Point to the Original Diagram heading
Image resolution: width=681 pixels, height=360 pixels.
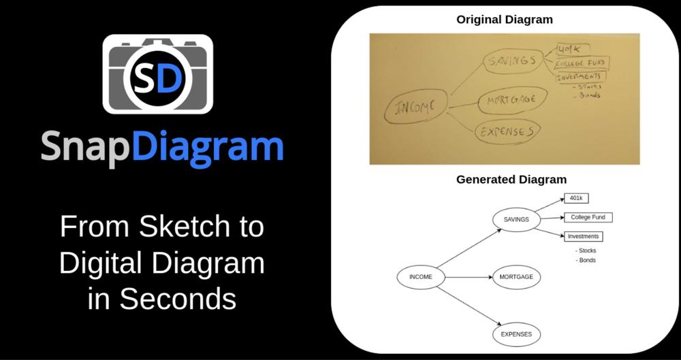coord(504,20)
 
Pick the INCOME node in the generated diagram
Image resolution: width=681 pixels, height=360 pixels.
coord(420,277)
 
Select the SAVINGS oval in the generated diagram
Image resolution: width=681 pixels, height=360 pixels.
coord(516,219)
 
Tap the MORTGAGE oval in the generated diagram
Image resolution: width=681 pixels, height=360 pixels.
coord(516,278)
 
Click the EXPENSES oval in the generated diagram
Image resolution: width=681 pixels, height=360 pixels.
coord(516,335)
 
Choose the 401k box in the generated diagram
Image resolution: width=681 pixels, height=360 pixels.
coord(575,198)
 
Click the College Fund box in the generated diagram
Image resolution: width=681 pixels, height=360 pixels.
coord(587,218)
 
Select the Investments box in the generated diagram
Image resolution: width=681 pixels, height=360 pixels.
coord(583,237)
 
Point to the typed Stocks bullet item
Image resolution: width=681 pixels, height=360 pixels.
coord(586,250)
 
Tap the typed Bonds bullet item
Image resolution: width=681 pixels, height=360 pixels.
coord(586,260)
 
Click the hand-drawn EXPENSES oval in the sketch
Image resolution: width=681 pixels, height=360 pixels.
coord(507,131)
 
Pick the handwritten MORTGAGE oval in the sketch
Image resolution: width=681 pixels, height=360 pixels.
coord(512,100)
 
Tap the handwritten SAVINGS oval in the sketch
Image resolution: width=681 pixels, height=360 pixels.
coord(511,62)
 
